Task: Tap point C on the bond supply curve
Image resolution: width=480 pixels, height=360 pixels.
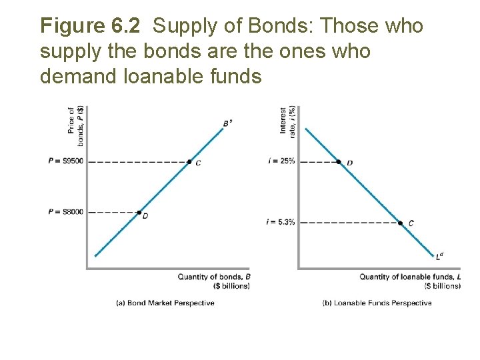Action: pos(189,161)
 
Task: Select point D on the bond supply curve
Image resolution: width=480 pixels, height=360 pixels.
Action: pos(139,212)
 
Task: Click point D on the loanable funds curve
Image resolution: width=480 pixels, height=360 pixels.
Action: pos(339,161)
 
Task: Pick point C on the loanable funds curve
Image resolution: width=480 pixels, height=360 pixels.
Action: pos(400,223)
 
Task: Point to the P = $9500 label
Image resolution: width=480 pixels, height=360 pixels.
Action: pos(65,161)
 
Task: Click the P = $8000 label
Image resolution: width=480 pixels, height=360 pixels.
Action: pos(65,212)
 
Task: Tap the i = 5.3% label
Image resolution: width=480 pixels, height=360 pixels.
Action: pos(280,222)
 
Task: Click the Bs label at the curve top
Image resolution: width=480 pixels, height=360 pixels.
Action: pos(227,123)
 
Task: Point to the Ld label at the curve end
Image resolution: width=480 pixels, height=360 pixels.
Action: pos(439,255)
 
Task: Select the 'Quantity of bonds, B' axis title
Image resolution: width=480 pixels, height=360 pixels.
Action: pos(214,276)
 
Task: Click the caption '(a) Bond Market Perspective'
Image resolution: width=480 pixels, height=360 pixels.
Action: pos(165,303)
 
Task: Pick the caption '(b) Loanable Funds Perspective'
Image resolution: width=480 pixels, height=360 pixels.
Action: pos(377,303)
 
